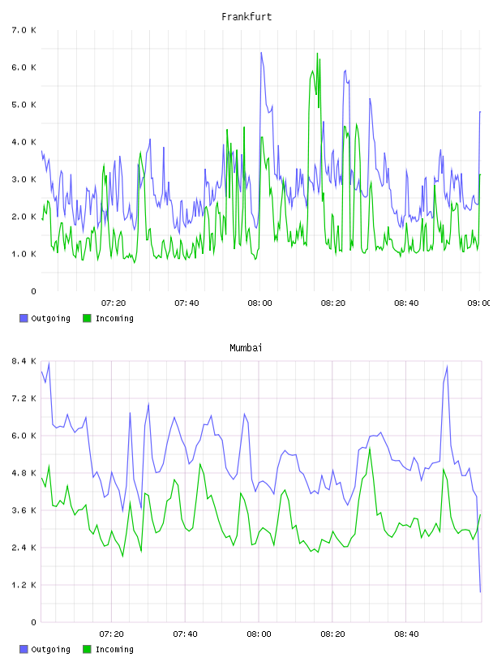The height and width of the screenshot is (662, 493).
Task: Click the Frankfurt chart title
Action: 246,17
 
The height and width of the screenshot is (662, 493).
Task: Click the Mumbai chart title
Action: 246,348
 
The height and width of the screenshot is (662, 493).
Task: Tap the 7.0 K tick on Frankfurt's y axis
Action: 24,30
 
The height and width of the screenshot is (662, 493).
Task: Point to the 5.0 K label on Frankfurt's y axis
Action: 24,105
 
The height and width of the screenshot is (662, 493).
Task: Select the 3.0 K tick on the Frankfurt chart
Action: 24,179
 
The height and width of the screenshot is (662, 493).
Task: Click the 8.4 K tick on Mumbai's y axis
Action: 24,361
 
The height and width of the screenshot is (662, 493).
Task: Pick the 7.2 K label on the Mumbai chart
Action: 24,398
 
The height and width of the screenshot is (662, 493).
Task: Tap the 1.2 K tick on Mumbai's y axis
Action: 24,585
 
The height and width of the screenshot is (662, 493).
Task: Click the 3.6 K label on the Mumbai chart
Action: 24,510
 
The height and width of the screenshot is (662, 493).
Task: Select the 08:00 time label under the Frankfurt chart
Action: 260,303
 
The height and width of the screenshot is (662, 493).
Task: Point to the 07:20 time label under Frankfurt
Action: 114,303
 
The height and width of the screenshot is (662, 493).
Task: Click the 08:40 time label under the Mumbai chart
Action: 406,634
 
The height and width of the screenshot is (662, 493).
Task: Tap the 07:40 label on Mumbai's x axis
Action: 186,634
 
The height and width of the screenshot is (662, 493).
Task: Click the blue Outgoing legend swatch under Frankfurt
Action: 24,318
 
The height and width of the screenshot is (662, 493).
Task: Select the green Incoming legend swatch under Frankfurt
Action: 87,318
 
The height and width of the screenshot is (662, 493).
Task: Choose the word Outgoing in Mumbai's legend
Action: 50,649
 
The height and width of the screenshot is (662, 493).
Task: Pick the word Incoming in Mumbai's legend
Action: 114,649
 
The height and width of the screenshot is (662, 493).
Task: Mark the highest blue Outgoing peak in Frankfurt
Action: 261,53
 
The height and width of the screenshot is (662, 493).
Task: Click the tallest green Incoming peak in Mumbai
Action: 370,449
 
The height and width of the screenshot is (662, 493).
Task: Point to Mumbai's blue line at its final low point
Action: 480,592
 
